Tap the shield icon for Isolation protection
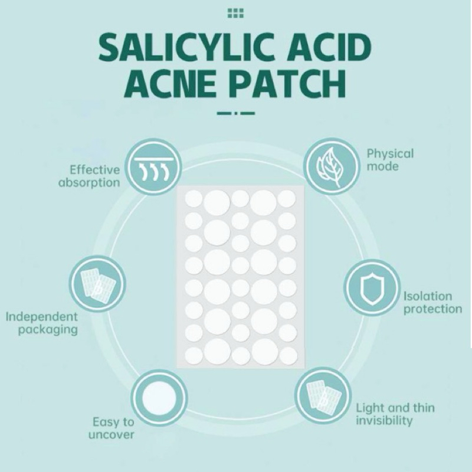tap(372, 287)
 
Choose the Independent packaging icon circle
tap(98, 284)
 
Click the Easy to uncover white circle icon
tap(160, 397)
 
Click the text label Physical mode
tap(390, 160)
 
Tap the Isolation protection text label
tap(432, 303)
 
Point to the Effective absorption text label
tap(90, 176)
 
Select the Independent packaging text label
tap(42, 323)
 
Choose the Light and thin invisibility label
tap(395, 414)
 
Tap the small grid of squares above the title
tap(235, 13)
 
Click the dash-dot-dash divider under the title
tap(235, 113)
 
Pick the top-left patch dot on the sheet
tap(194, 199)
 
